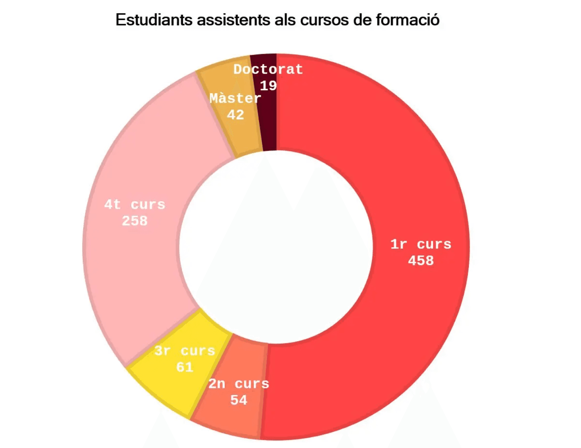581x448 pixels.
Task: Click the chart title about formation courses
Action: [x=277, y=20]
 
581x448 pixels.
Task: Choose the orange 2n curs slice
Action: [x=232, y=418]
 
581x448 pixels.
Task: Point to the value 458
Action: [x=421, y=260]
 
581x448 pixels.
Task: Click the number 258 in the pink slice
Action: [x=134, y=221]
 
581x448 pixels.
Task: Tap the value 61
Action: [x=185, y=367]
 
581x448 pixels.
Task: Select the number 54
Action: [x=239, y=400]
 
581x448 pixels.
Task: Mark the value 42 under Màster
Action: [x=235, y=115]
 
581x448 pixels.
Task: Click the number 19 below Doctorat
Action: [x=268, y=86]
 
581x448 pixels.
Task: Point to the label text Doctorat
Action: [x=268, y=69]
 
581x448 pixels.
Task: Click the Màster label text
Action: [x=235, y=99]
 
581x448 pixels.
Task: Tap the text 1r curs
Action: [x=421, y=244]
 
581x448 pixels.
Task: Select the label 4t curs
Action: [x=134, y=205]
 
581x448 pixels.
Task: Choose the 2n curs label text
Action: [x=239, y=384]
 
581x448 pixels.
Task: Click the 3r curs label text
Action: [x=185, y=351]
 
